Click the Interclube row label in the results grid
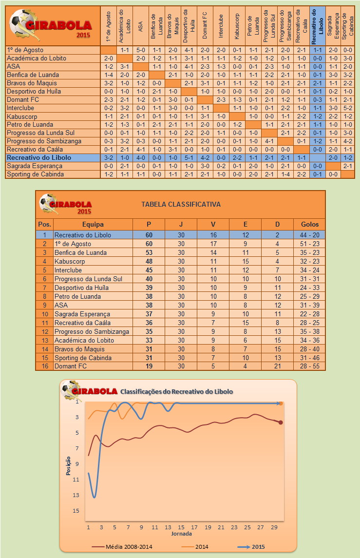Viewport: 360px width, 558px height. [x=21, y=108]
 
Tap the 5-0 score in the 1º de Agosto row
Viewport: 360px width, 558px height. [x=140, y=50]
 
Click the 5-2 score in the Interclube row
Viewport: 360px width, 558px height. [x=347, y=108]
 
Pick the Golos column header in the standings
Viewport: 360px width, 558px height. [x=310, y=224]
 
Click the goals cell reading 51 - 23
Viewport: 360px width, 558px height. [x=310, y=244]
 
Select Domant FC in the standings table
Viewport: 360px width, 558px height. [x=71, y=366]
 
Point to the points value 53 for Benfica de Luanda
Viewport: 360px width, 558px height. [x=149, y=252]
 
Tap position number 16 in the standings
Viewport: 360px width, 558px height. [x=44, y=366]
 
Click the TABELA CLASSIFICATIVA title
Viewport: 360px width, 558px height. [x=181, y=204]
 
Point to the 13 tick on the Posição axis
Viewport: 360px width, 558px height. [x=76, y=495]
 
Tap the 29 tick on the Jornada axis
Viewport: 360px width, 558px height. [x=274, y=527]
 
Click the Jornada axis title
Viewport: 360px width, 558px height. [x=181, y=534]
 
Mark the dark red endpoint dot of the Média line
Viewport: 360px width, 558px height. [x=281, y=422]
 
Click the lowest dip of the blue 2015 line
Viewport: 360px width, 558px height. [x=94, y=497]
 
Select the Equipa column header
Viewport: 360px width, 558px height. [x=93, y=224]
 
